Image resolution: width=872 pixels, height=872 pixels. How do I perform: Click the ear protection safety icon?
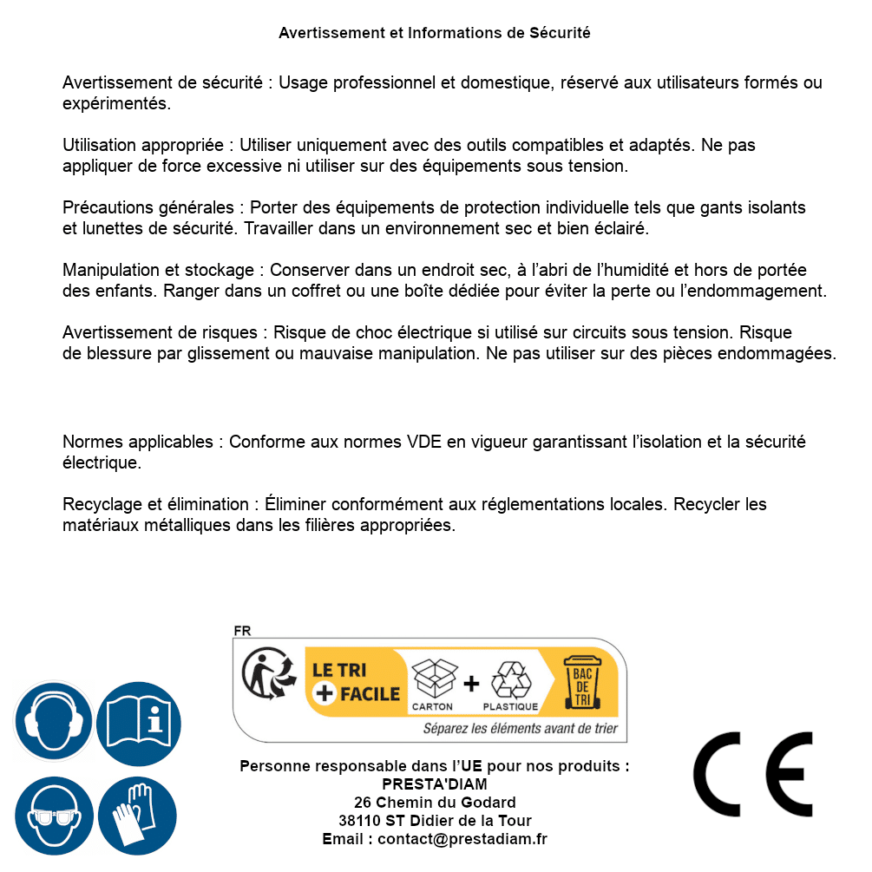(54, 721)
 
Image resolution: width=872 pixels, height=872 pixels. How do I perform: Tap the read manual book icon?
(137, 721)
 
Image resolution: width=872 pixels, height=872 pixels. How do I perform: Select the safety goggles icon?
(54, 816)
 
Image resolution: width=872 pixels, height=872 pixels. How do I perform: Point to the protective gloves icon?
(137, 816)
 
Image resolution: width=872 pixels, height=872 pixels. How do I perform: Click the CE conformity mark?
(752, 770)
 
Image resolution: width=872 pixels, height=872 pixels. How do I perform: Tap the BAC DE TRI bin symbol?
(581, 683)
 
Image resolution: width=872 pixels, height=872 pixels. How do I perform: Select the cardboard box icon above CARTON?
(433, 678)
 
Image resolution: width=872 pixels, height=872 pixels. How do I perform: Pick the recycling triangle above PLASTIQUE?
(510, 679)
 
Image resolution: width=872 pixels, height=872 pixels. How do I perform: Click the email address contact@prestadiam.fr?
(462, 839)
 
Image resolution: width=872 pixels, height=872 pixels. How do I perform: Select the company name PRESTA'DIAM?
(435, 784)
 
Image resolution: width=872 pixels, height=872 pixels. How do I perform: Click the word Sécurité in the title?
(560, 33)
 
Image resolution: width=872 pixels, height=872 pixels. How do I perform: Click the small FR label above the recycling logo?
(242, 631)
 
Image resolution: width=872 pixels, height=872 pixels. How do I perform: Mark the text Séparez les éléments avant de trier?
(520, 728)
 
